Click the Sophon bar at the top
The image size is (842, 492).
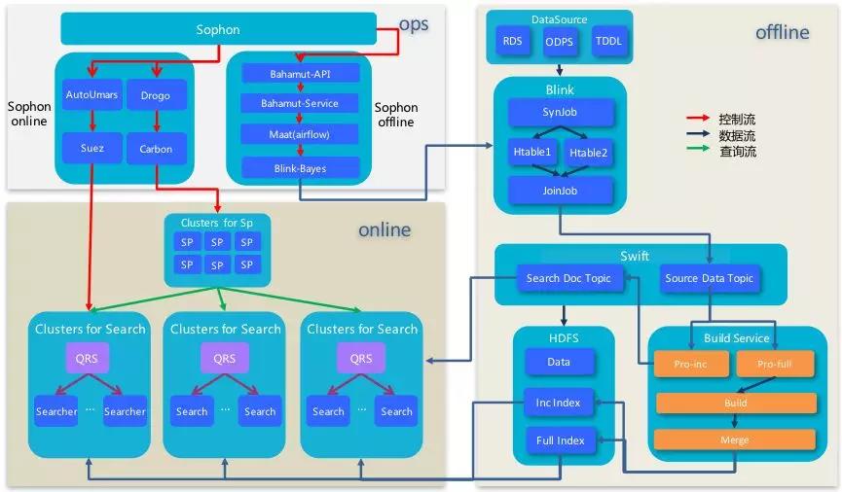(217, 29)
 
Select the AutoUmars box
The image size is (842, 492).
(90, 95)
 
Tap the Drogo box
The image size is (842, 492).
(156, 95)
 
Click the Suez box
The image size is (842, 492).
(90, 149)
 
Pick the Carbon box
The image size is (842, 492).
(156, 149)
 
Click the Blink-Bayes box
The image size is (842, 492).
(301, 167)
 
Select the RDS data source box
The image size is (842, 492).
(512, 42)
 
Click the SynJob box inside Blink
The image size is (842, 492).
(560, 113)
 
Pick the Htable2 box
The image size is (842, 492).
(588, 153)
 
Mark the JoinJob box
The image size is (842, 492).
(560, 191)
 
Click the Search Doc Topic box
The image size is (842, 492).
(568, 279)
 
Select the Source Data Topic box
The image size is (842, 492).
(710, 279)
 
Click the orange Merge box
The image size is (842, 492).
(735, 439)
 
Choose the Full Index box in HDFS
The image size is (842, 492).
(560, 440)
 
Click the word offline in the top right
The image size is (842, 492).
(782, 33)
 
